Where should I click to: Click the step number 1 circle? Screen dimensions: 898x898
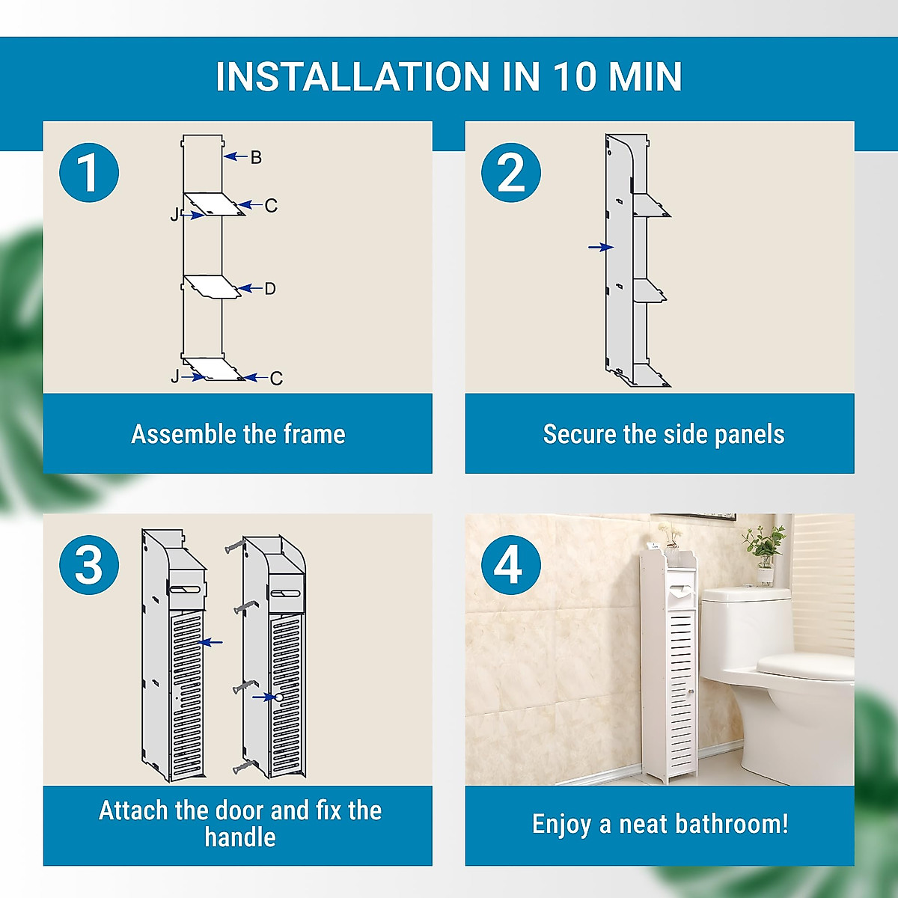(89, 173)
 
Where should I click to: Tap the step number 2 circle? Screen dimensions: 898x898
(511, 173)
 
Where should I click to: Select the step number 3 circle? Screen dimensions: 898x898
(89, 565)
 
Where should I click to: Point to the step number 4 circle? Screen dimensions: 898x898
(511, 565)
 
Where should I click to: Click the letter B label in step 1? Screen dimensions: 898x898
(256, 157)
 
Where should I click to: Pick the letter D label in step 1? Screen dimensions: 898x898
(270, 289)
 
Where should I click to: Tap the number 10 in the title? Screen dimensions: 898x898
(575, 77)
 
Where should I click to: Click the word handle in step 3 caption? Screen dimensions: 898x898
(239, 837)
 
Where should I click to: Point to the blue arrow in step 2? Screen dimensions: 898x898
(601, 247)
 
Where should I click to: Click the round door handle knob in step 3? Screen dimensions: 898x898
(279, 697)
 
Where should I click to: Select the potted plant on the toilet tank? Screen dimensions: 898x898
(763, 550)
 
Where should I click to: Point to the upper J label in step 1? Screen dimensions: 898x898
(174, 215)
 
